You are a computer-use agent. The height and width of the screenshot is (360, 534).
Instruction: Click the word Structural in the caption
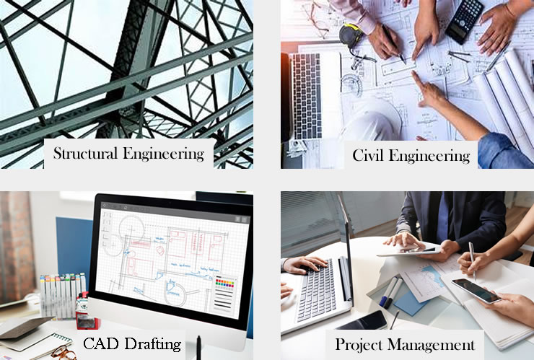click(88, 154)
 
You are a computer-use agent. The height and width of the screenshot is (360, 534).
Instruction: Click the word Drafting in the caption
click(156, 344)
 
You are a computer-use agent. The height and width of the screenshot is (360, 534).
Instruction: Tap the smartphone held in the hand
click(476, 291)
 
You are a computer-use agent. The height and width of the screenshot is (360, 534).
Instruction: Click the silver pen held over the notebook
click(473, 258)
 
